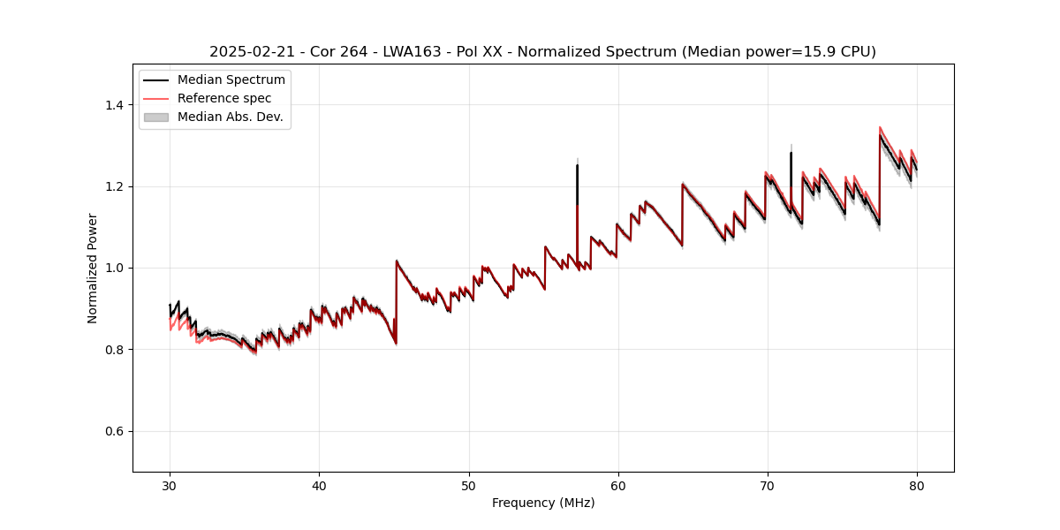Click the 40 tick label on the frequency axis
point(319,485)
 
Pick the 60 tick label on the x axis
point(617,485)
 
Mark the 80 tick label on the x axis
point(916,485)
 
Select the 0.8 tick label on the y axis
point(114,350)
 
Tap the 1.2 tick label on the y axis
point(114,186)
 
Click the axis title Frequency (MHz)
point(543,503)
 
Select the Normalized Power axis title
point(93,268)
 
